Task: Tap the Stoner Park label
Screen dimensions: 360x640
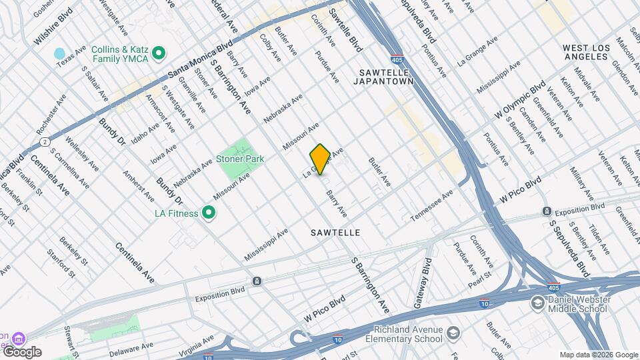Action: (x=239, y=159)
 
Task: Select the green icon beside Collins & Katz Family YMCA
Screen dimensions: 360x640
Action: (x=159, y=52)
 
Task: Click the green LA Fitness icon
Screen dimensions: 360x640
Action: (x=209, y=213)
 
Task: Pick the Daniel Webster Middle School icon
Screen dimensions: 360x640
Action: (x=537, y=303)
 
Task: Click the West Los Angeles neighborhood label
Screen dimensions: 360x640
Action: (x=594, y=52)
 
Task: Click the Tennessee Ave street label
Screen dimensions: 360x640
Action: (x=431, y=205)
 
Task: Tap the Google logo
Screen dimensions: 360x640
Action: (x=22, y=352)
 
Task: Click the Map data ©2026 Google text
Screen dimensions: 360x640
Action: (x=598, y=355)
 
